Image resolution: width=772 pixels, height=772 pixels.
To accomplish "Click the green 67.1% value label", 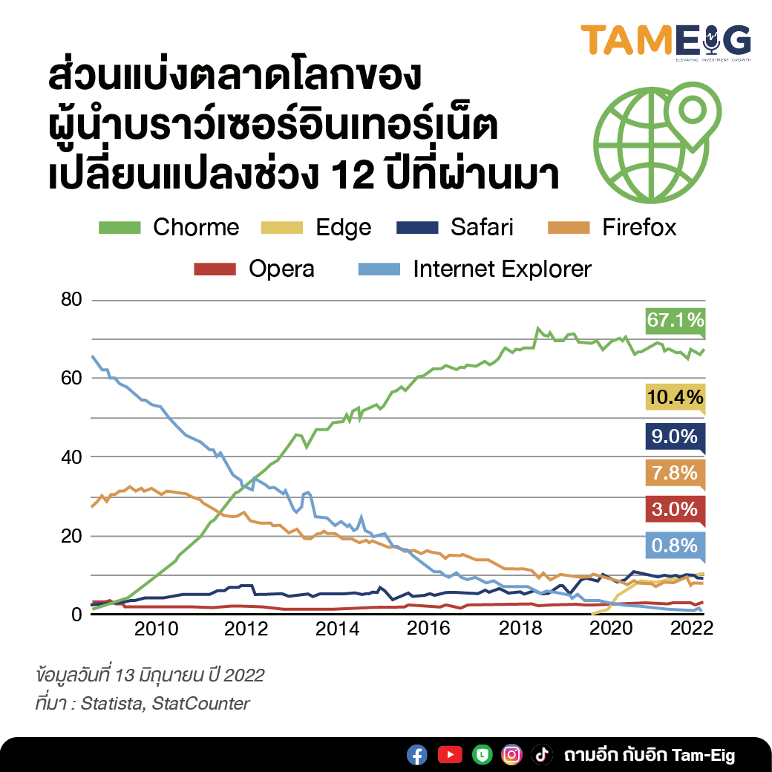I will coord(675,320).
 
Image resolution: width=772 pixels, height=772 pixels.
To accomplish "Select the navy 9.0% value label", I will coord(675,436).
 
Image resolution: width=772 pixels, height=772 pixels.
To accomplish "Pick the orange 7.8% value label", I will coord(675,472).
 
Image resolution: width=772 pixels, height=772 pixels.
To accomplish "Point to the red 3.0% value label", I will coord(675,509).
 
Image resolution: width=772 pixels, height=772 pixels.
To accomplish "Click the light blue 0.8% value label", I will coord(675,546).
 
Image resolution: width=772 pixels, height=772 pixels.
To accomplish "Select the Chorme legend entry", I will coord(169,226).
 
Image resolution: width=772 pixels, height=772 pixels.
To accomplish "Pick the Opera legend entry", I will coord(254,268).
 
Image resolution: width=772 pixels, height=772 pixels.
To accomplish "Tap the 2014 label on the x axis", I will coord(337,628).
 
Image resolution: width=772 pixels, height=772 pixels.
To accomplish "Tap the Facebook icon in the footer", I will coord(417,755).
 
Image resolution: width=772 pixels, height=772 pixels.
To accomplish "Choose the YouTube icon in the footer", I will coord(450,755).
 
